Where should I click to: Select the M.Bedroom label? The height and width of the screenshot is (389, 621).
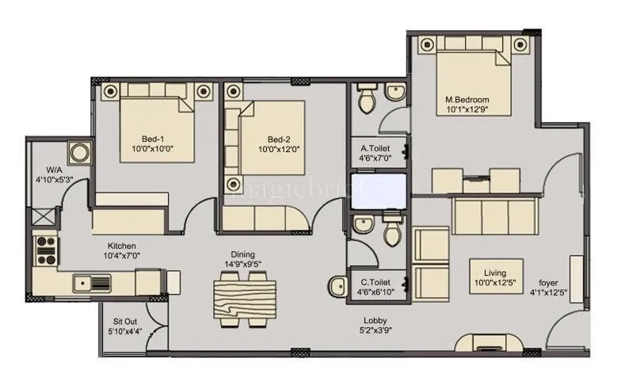coord(467,100)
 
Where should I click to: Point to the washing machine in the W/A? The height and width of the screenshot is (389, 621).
coord(79,152)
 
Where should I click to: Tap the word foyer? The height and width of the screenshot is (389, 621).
coord(548,282)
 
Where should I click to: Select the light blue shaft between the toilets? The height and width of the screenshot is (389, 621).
coord(376,190)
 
